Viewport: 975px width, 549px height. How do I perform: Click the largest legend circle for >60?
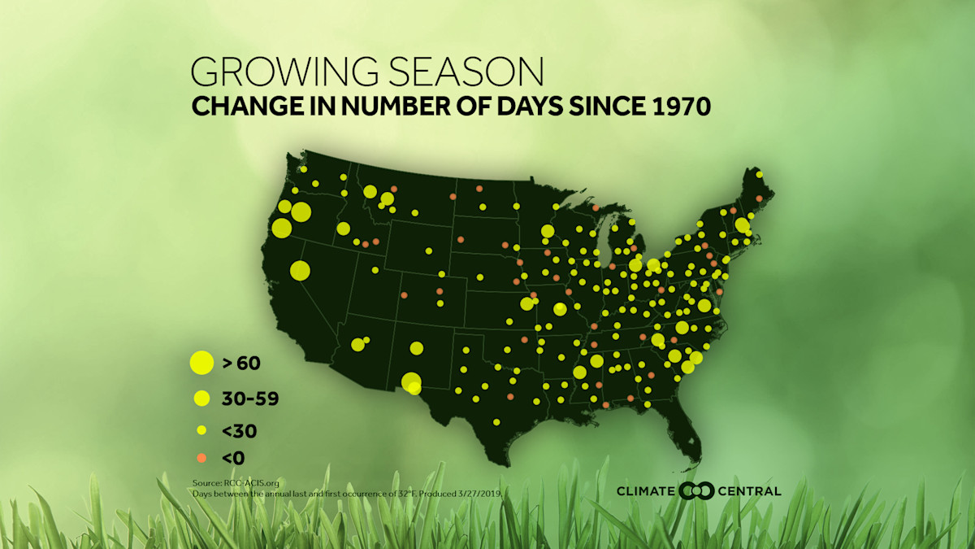point(201,363)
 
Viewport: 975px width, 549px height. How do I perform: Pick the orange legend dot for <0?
point(201,458)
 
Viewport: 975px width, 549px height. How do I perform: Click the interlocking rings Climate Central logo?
point(696,490)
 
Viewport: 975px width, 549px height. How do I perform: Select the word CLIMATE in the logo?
point(645,490)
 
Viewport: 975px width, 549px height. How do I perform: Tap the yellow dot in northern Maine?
point(759,175)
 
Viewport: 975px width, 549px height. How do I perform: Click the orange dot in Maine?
point(760,198)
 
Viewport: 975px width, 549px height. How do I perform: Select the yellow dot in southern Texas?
point(496,422)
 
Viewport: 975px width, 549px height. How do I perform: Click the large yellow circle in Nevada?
point(300,270)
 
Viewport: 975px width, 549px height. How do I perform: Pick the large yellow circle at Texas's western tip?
point(412,381)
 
